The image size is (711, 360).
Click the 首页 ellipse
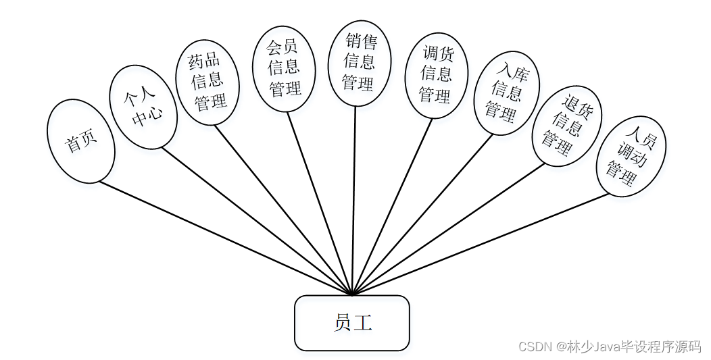click(x=81, y=141)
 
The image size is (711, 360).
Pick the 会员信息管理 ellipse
click(x=284, y=68)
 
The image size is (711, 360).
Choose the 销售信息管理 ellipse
click(x=359, y=62)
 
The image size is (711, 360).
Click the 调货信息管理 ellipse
click(x=436, y=74)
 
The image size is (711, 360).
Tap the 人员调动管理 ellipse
click(x=631, y=156)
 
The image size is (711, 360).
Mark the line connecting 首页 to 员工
click(x=223, y=238)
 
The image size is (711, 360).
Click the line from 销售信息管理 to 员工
click(x=354, y=203)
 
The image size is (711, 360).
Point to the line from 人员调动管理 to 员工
click(x=480, y=245)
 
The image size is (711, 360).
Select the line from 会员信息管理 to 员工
click(x=320, y=203)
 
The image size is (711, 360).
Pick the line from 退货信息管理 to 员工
click(x=446, y=230)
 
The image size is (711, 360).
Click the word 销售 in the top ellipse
click(x=360, y=42)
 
